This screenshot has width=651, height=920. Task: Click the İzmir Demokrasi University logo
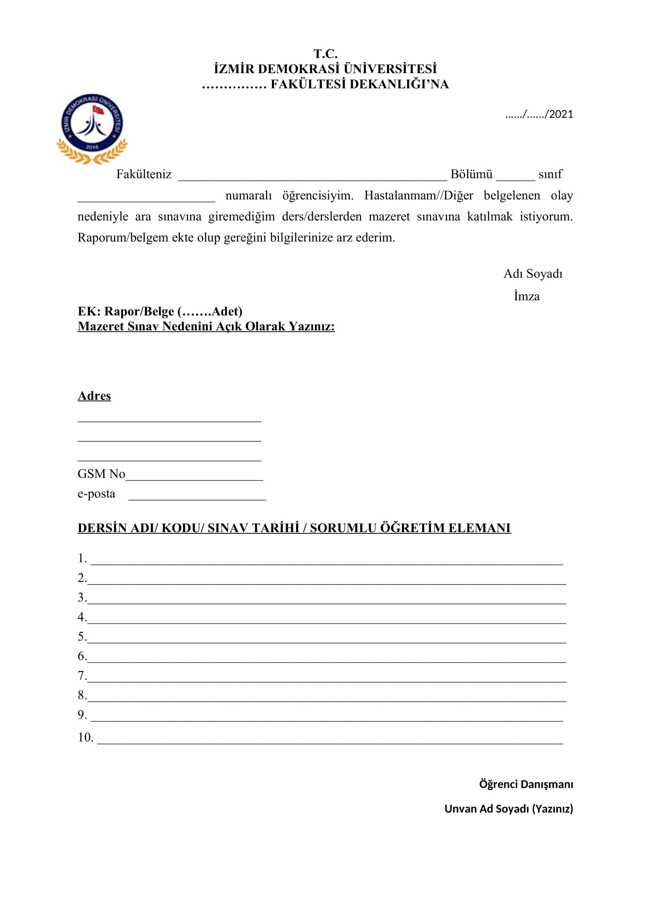(92, 128)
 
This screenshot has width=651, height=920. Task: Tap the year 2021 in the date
(561, 114)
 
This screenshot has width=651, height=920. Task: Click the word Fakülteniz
(144, 174)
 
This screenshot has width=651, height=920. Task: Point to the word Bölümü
(471, 174)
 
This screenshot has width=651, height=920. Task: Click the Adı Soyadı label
(533, 274)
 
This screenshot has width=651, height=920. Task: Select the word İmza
(526, 297)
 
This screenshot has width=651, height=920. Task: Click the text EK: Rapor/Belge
(126, 312)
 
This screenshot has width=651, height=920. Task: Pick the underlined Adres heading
(94, 396)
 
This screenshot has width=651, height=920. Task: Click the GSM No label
(101, 474)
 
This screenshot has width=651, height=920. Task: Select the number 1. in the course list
(82, 558)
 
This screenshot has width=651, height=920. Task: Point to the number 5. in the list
(82, 636)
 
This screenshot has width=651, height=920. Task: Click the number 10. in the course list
(85, 737)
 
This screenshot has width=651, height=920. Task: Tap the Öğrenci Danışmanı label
(525, 784)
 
